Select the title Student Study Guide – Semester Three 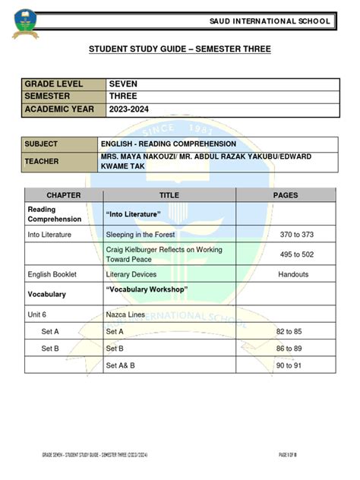pos(180,49)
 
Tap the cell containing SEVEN pos(123,84)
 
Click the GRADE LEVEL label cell pos(57,84)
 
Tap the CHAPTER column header pos(63,195)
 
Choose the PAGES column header pos(286,195)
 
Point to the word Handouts pos(293,274)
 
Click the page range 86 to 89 pos(289,348)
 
